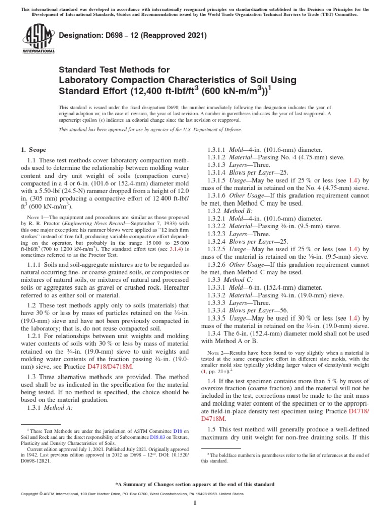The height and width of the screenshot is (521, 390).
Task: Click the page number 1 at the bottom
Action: coord(195,503)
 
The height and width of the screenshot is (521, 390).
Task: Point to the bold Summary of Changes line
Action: coord(195,484)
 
